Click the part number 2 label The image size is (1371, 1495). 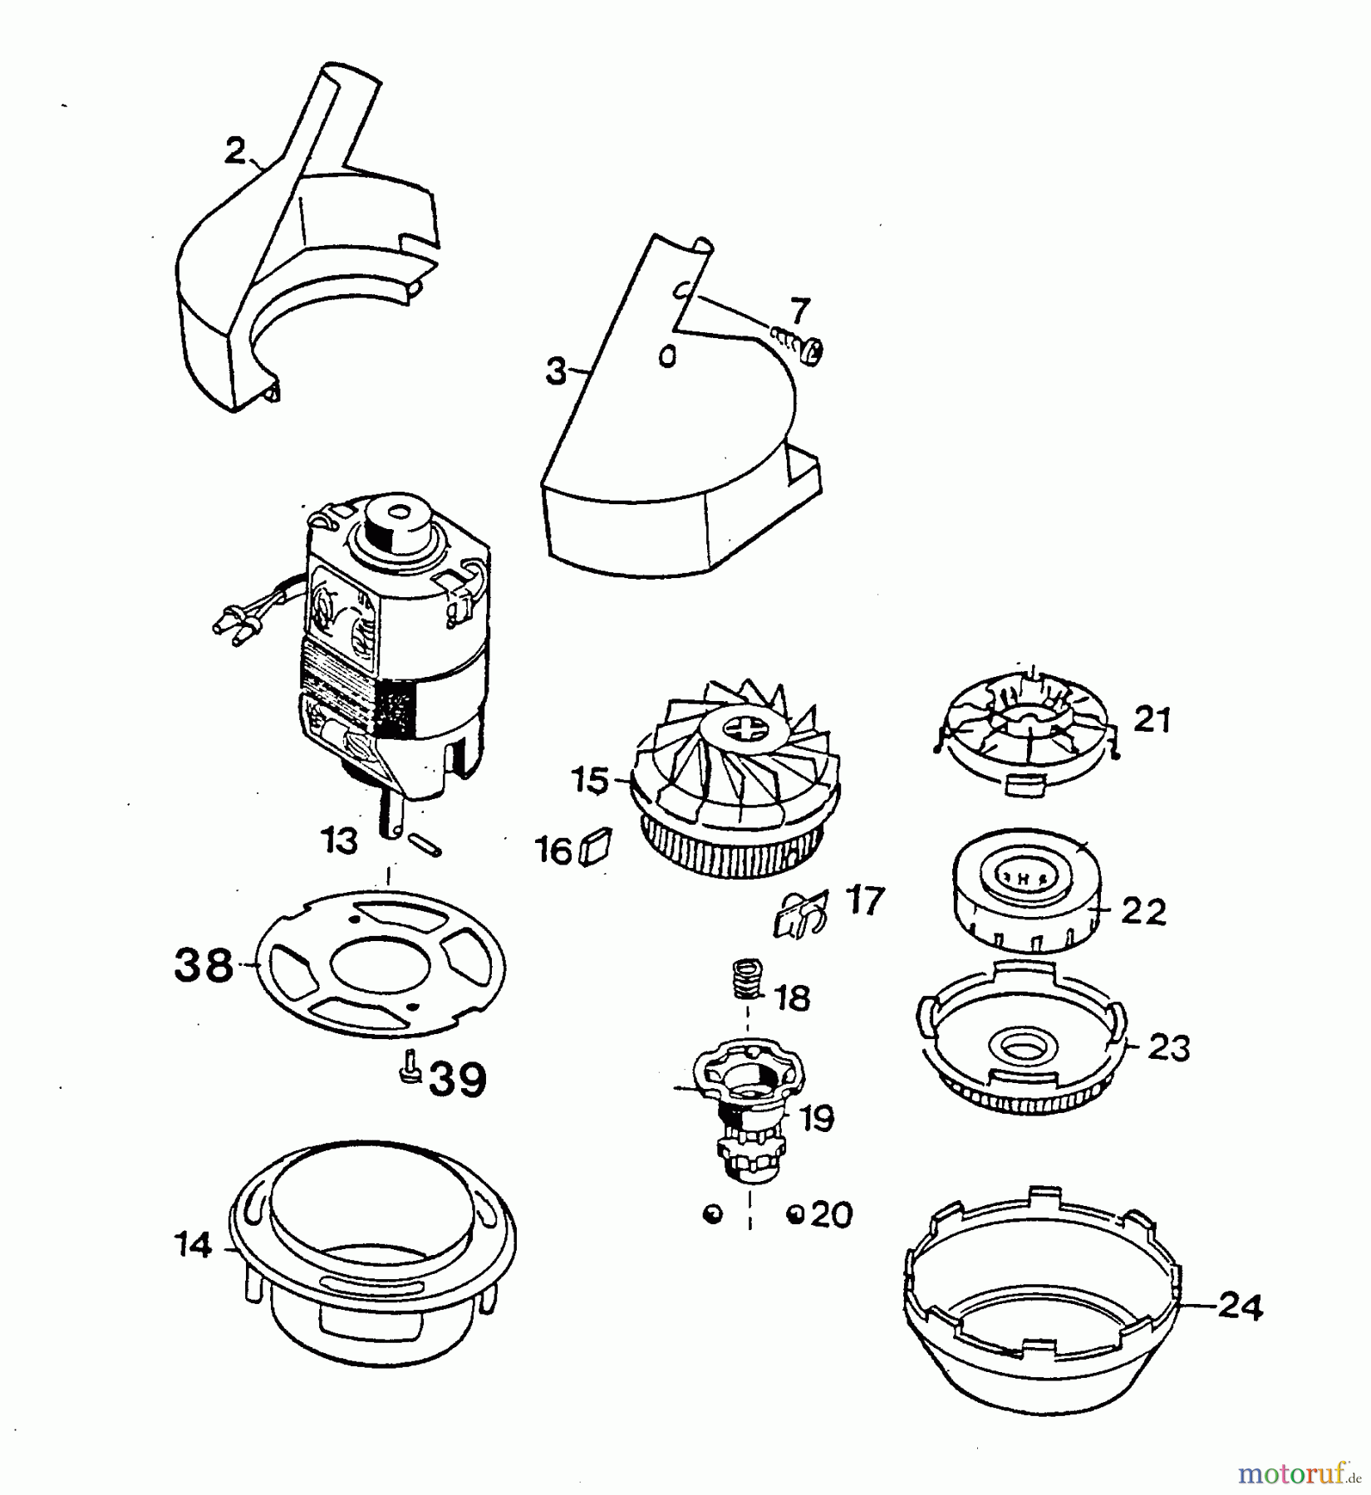236,152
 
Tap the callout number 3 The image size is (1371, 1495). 556,372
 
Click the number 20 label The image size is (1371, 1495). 832,1216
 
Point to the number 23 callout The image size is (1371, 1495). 1169,1048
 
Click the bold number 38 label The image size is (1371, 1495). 204,967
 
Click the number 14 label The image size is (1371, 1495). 194,1246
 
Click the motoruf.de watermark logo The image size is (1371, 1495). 1300,1473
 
